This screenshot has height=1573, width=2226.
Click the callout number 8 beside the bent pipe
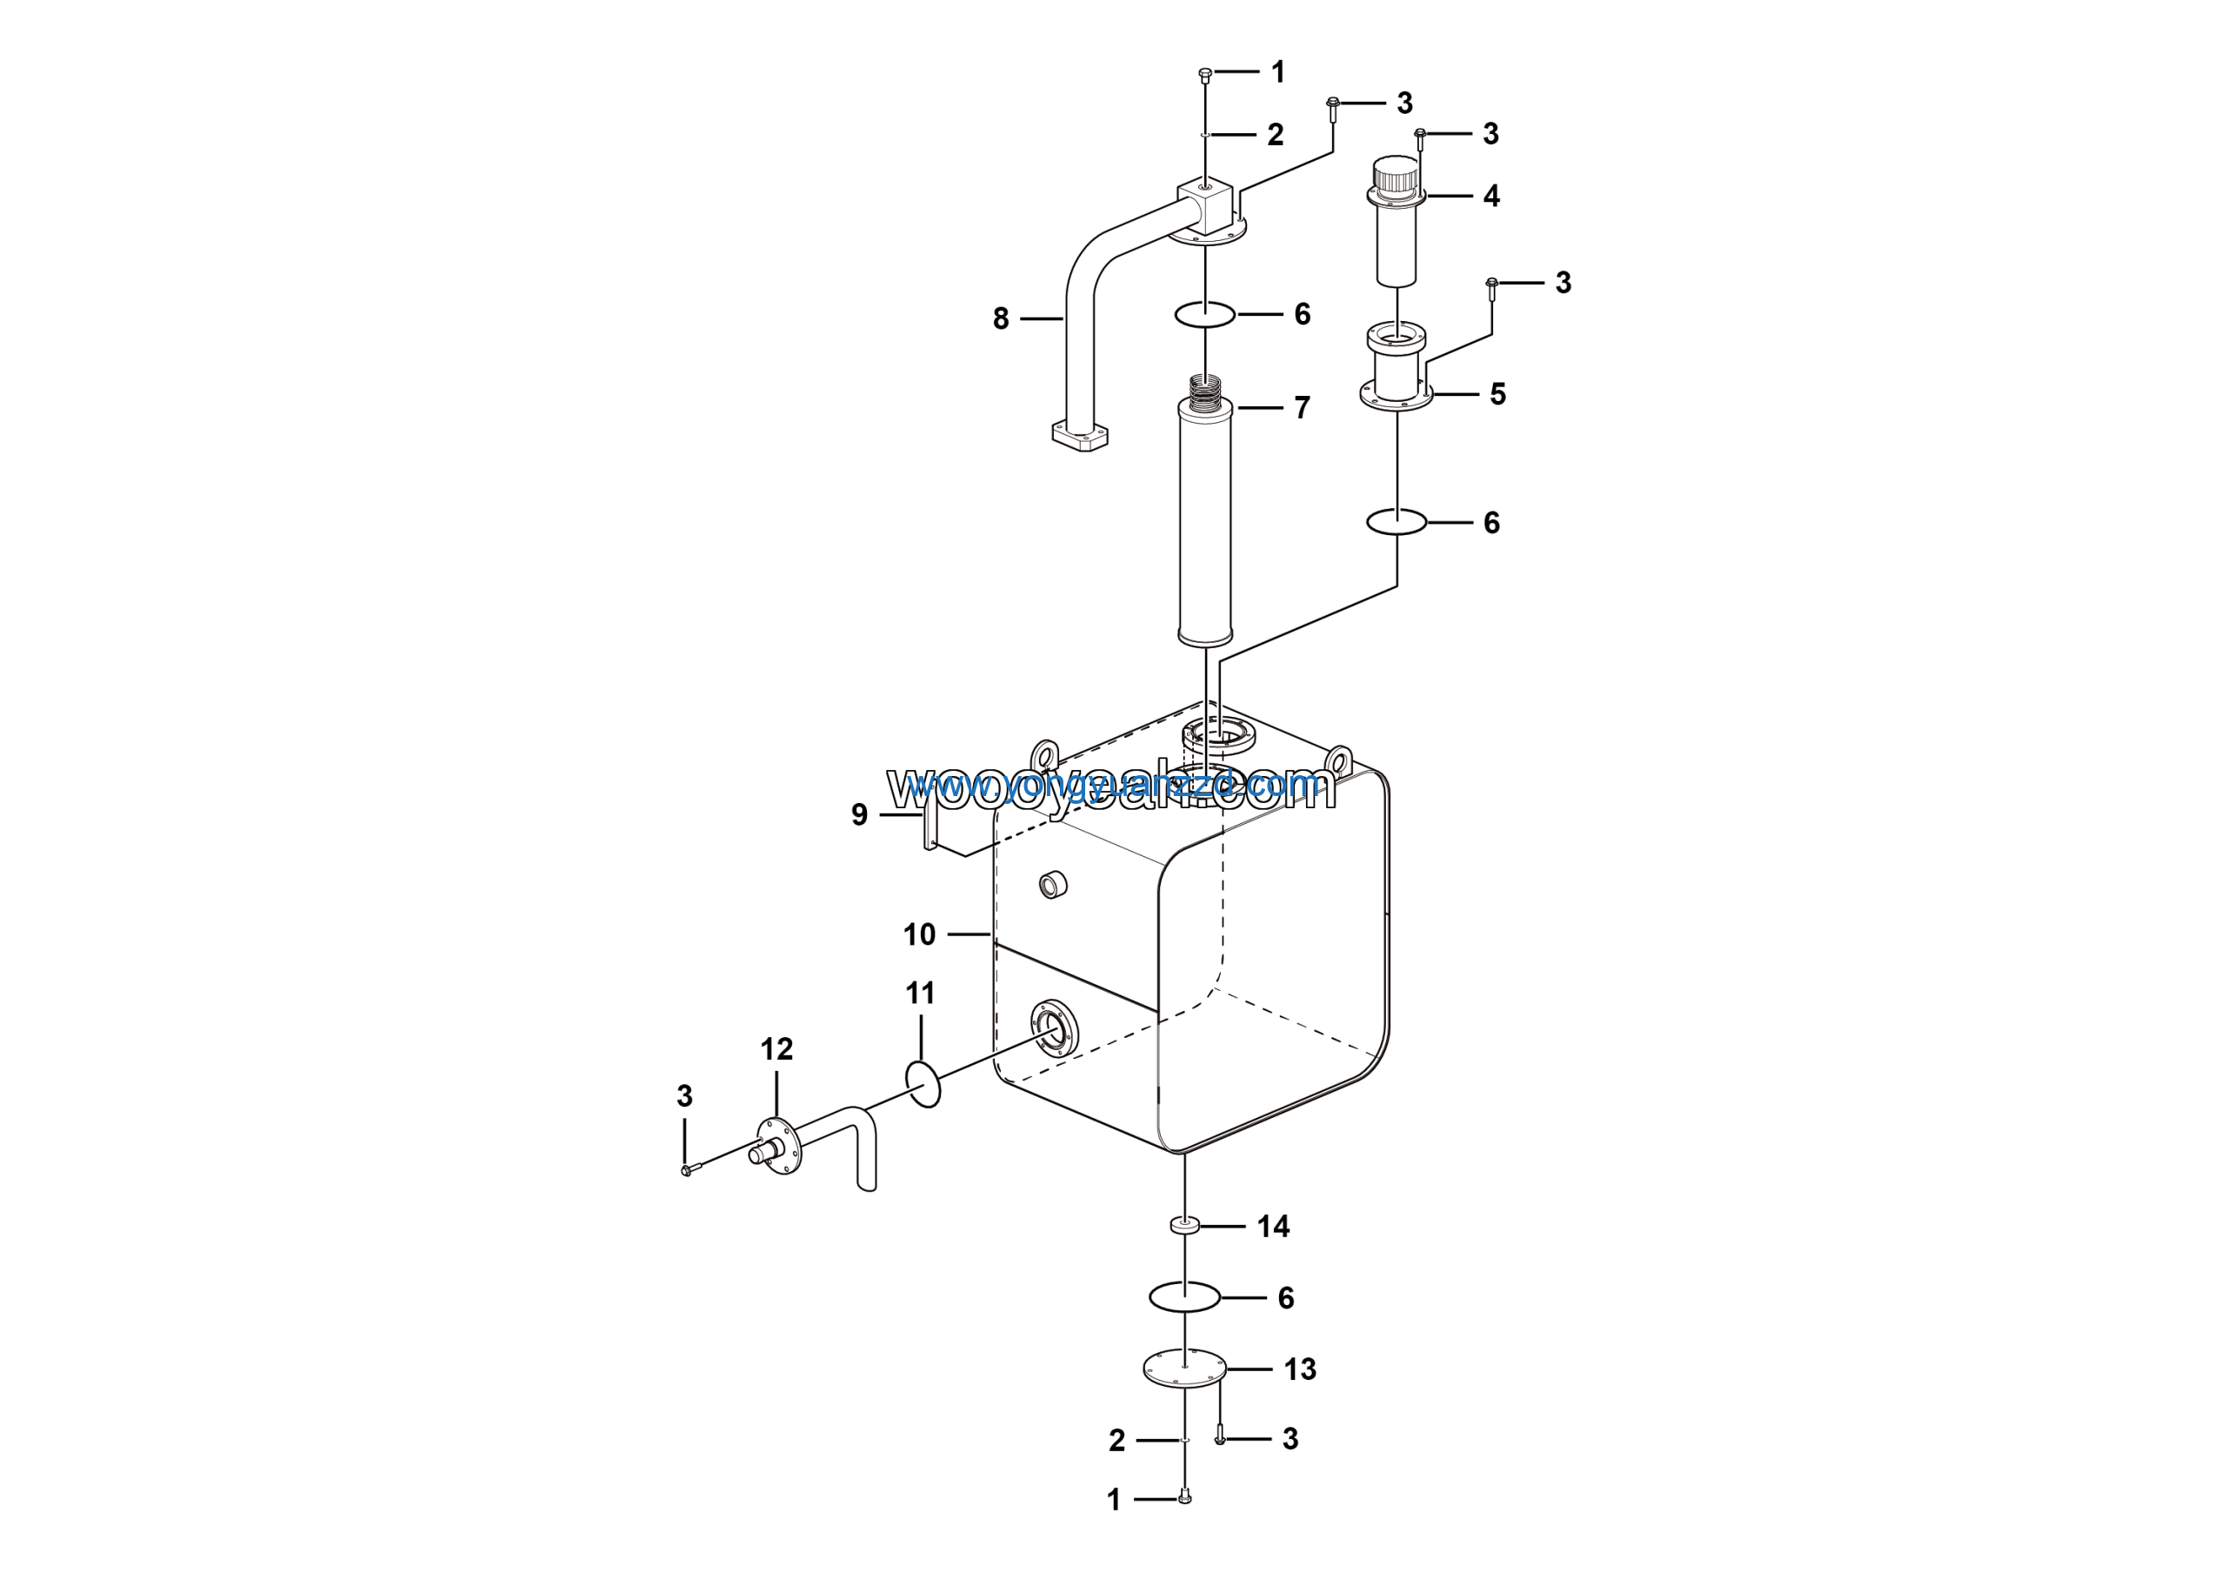[x=1001, y=318]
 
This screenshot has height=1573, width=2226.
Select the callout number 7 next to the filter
[x=1302, y=407]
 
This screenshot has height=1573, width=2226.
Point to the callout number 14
[x=1273, y=1226]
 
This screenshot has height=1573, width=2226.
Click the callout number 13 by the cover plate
[x=1299, y=1369]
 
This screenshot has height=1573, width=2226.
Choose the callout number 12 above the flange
[x=776, y=1048]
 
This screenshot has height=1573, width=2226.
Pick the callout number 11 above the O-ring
[x=920, y=992]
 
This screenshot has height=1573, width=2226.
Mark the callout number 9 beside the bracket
[x=859, y=814]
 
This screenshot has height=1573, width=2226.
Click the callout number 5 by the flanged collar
[x=1498, y=394]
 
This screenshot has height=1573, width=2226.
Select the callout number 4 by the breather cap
[x=1491, y=196]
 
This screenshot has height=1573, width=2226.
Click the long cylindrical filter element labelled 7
[x=1205, y=524]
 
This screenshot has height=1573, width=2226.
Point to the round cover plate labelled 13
[x=1185, y=1368]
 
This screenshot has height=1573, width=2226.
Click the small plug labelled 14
[x=1185, y=1226]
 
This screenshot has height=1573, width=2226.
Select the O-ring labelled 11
[x=923, y=1084]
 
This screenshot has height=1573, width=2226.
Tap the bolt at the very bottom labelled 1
[x=1183, y=1498]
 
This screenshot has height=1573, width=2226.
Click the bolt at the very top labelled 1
[x=1205, y=74]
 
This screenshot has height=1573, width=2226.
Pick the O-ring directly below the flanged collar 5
[x=1396, y=522]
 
